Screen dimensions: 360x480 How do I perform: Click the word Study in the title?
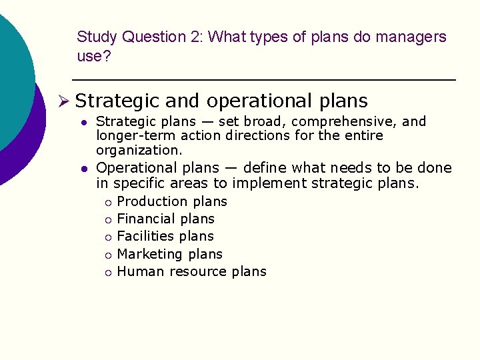tap(97, 37)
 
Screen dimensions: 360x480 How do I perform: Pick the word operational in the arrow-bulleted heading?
tap(257, 101)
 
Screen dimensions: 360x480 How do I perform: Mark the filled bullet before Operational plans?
tap(85, 169)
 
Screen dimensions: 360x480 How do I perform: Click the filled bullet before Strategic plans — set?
tap(85, 123)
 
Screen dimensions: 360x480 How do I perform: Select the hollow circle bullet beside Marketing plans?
tap(106, 255)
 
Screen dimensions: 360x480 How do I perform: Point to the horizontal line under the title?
tap(263, 80)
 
